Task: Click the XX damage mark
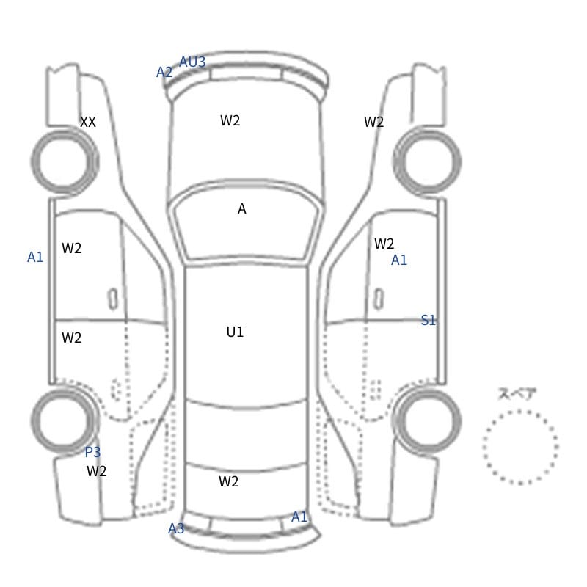click(x=88, y=122)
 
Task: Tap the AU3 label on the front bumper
click(x=192, y=62)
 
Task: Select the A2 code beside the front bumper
click(x=164, y=72)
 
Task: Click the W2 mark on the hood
click(x=230, y=120)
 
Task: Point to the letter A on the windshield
click(x=242, y=209)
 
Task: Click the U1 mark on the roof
click(x=235, y=332)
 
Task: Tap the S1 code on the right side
click(x=429, y=320)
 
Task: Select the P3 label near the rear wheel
click(x=93, y=452)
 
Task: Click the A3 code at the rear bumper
click(x=176, y=528)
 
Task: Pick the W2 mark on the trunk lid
click(x=229, y=481)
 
